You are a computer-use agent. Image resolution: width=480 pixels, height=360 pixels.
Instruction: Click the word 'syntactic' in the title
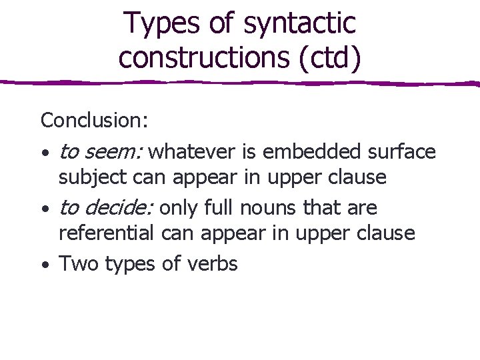pyautogui.click(x=299, y=24)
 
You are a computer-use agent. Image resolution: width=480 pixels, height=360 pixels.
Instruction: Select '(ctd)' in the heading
pyautogui.click(x=325, y=57)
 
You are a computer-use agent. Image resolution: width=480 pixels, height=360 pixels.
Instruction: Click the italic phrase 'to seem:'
pyautogui.click(x=101, y=153)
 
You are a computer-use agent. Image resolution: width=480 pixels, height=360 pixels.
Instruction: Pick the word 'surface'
pyautogui.click(x=402, y=153)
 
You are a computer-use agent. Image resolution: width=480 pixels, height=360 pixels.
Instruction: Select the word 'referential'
pyautogui.click(x=107, y=233)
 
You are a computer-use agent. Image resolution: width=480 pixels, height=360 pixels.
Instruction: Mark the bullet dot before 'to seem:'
pyautogui.click(x=43, y=154)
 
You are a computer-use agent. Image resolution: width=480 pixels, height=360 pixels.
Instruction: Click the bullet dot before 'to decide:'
pyautogui.click(x=43, y=210)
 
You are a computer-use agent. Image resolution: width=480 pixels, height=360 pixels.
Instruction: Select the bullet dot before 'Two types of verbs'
pyautogui.click(x=43, y=265)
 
